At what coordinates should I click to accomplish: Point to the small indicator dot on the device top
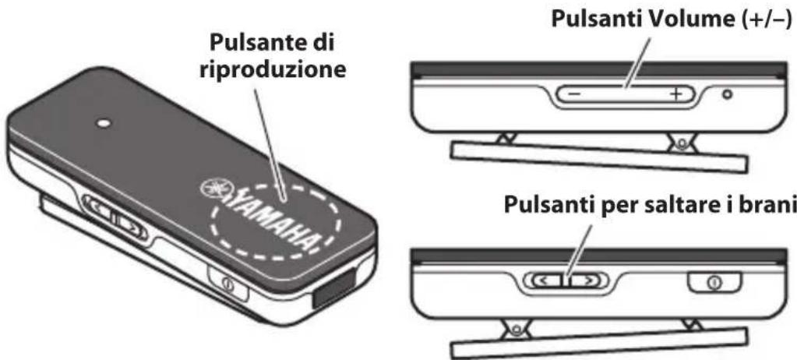[102, 123]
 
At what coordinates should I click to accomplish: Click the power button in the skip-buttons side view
[711, 279]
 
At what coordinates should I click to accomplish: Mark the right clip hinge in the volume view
[684, 143]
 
